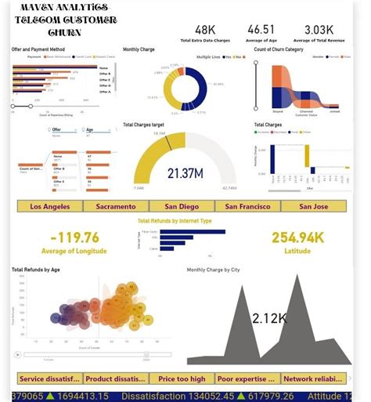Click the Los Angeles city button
50,206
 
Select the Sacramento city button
116,206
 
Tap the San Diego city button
182,206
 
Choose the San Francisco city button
247,206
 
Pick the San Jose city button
313,206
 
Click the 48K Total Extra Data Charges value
205,29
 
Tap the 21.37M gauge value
185,172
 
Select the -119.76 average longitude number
74,237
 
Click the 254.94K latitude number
298,237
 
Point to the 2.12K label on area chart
270,317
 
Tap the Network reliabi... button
314,378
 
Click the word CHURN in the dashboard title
64,34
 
